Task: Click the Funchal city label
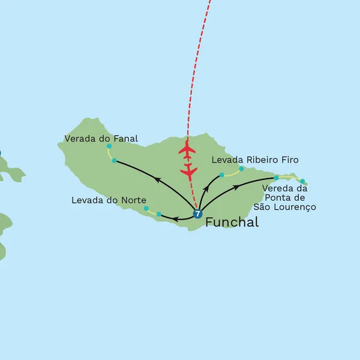[x=232, y=223]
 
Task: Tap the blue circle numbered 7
[x=198, y=213]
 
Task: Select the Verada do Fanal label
[x=101, y=139]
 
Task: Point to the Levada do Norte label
[x=109, y=200]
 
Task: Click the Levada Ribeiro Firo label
[x=255, y=160]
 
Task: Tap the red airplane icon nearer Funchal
[x=189, y=172]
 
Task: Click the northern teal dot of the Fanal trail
[x=109, y=146]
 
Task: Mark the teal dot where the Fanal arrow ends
[x=114, y=160]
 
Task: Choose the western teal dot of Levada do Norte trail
[x=146, y=208]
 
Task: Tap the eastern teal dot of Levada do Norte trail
[x=158, y=214]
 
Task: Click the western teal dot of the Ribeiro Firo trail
[x=221, y=175]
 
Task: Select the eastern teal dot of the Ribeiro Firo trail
[x=241, y=168]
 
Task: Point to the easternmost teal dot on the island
[x=302, y=181]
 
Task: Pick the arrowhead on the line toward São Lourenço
[x=237, y=187]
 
